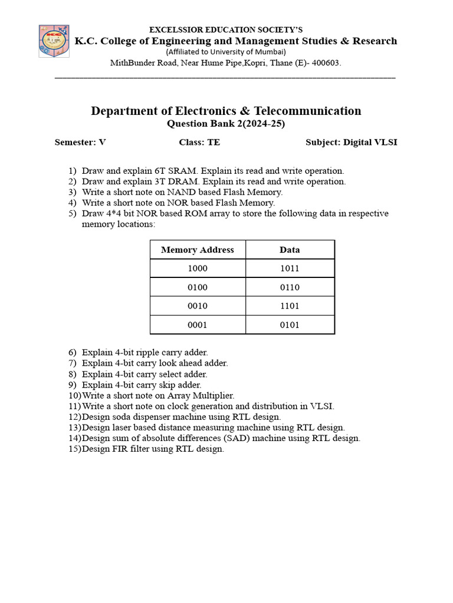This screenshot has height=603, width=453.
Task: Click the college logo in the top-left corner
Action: [54, 41]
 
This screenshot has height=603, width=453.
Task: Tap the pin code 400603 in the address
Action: [326, 63]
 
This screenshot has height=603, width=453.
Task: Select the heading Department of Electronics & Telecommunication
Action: [226, 111]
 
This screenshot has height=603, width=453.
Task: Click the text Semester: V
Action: [80, 143]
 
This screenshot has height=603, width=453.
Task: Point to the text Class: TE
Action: [199, 143]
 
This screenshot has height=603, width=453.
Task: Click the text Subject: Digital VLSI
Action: [351, 143]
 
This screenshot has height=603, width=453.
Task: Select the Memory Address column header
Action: [197, 250]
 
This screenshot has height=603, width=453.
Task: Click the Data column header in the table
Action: [290, 250]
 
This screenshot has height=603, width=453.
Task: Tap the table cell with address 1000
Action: [197, 269]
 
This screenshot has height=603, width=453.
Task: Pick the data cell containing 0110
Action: [290, 287]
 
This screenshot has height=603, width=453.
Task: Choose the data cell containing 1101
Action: [290, 306]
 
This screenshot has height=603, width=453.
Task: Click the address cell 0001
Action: [197, 325]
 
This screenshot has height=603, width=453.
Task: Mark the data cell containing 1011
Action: [290, 269]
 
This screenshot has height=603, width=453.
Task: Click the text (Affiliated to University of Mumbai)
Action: [226, 52]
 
